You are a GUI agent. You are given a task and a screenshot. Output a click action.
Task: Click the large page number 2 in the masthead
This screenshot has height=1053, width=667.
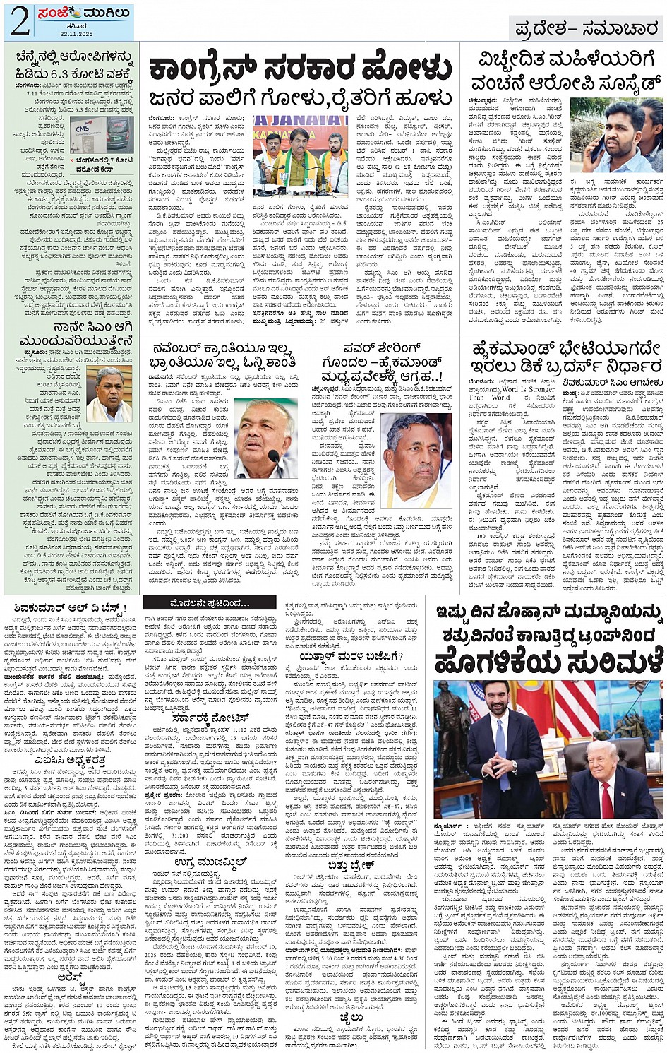19,23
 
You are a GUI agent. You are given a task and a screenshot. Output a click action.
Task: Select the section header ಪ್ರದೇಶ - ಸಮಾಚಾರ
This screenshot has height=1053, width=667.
585,28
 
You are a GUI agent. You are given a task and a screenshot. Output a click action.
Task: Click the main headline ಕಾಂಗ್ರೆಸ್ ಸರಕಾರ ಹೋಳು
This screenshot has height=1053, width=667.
300,70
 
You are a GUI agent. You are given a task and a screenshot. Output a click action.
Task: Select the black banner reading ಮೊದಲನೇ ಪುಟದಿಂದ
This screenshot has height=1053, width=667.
210,603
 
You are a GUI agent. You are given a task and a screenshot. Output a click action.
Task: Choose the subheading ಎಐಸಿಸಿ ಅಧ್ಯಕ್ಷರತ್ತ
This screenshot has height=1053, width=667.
70,761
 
